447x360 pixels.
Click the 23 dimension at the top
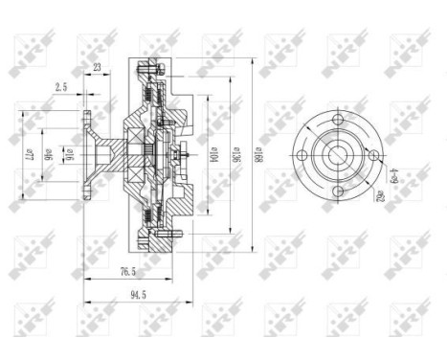[x=98, y=68]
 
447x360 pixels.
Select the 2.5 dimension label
[x=61, y=88]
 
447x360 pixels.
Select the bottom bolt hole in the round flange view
[x=338, y=192]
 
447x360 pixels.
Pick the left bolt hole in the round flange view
[x=302, y=155]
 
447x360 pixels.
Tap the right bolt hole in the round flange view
[x=374, y=155]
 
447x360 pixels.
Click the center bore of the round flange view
[x=338, y=155]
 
